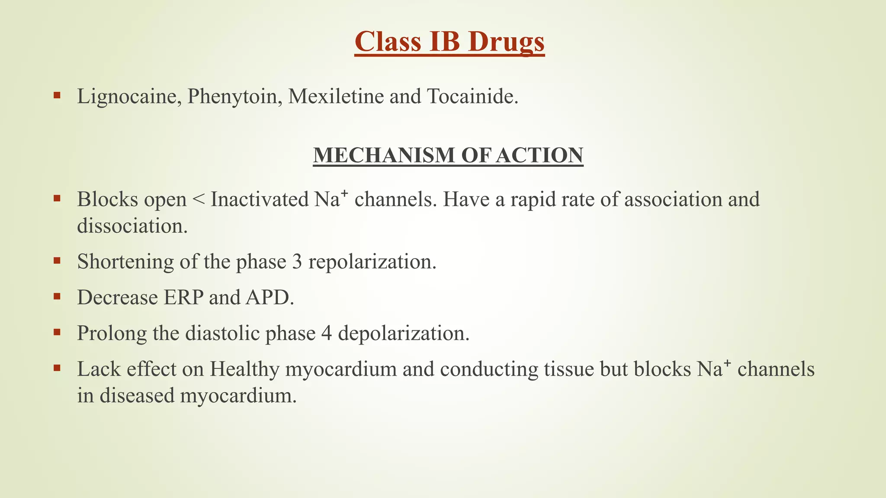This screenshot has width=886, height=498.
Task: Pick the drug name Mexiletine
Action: [336, 96]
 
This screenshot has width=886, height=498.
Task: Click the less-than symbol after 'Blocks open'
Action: [198, 200]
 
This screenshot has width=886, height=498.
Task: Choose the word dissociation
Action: [132, 226]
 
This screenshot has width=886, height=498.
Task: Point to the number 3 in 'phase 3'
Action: [297, 262]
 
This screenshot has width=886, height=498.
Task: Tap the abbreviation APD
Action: [269, 297]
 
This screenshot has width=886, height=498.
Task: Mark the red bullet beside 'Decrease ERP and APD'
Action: [57, 296]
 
